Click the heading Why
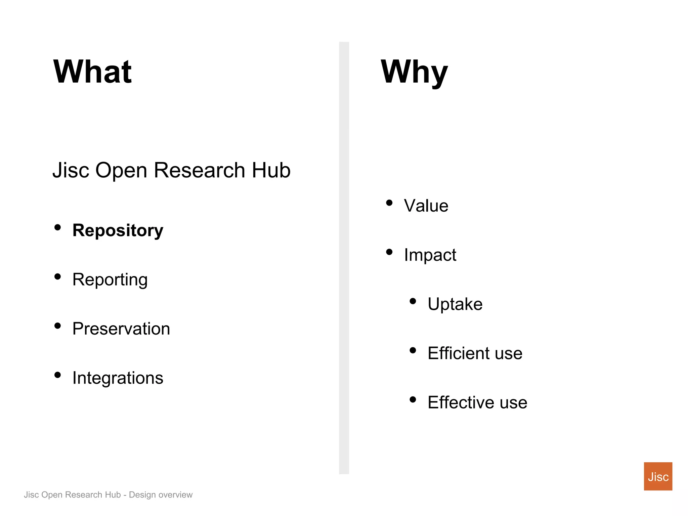(414, 72)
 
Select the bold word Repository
(118, 230)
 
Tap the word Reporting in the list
(110, 280)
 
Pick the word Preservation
(121, 329)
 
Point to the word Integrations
(118, 378)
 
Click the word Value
(426, 206)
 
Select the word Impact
(430, 255)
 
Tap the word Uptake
(455, 304)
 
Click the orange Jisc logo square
(658, 476)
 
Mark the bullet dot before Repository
(58, 227)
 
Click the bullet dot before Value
(389, 203)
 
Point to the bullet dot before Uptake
(413, 301)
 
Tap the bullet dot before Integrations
(58, 375)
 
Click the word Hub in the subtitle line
(271, 170)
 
